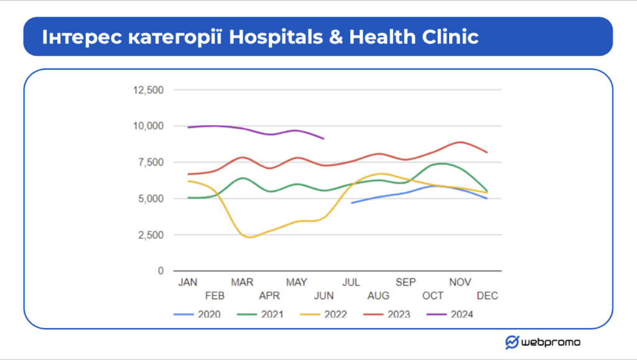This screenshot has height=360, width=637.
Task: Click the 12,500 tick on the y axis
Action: tap(148, 90)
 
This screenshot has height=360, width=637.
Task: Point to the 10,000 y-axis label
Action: tap(148, 126)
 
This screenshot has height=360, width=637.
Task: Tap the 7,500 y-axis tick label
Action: tap(151, 162)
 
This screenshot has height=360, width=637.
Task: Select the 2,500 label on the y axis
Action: tap(151, 235)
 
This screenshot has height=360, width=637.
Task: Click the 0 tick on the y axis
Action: tap(161, 270)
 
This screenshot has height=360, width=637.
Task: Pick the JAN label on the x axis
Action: tap(188, 282)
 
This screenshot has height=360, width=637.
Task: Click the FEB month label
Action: tap(215, 296)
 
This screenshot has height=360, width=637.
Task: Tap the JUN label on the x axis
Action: tap(323, 296)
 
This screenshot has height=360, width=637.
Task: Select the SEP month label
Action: tap(406, 282)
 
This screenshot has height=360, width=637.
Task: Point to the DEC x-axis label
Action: tap(488, 296)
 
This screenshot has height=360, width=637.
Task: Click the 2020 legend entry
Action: tap(197, 315)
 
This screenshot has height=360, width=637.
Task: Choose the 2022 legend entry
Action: tap(323, 315)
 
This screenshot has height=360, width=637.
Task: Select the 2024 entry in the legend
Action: tap(450, 315)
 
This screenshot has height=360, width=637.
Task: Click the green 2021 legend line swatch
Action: tap(247, 315)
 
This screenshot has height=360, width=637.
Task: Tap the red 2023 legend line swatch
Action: tap(373, 315)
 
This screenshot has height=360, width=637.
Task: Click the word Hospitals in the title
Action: tap(276, 37)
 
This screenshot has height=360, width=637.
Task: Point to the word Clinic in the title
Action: tap(450, 37)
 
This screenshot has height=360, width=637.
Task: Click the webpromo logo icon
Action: tap(512, 342)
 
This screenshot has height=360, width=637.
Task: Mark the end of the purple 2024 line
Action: tap(323, 139)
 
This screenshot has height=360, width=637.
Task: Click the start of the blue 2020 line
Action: tap(351, 203)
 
